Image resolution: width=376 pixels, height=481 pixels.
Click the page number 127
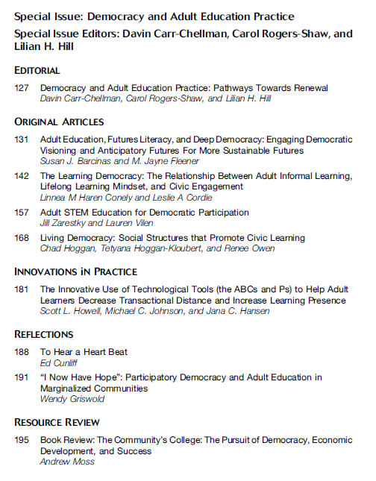coord(22,88)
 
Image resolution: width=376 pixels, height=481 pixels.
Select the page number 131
coord(22,139)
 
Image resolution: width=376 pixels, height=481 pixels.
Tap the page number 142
coord(22,176)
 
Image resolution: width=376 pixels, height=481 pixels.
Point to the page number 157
coord(22,213)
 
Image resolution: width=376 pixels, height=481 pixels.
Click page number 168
coord(22,238)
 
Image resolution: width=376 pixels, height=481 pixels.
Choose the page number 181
coord(22,289)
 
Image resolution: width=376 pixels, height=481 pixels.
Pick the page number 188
coord(22,352)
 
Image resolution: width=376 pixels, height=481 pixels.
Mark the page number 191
coord(22,377)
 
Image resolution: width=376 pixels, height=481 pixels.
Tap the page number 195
coord(22,440)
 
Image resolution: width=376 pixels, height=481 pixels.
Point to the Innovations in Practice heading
coord(76,271)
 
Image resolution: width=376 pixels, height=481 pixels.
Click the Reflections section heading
coord(44,334)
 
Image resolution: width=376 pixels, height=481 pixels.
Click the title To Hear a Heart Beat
coord(84,352)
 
